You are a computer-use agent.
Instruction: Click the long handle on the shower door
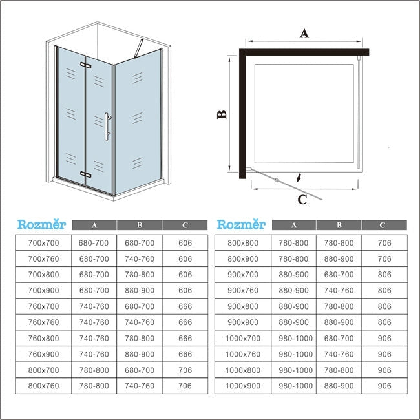pos(107,127)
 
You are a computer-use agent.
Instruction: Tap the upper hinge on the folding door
pos(85,65)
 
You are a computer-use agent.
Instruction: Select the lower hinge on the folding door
pos(85,174)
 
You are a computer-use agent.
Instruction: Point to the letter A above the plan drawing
pos(304,34)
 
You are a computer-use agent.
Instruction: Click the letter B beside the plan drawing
pos(222,114)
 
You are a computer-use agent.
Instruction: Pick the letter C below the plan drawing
pos(302,200)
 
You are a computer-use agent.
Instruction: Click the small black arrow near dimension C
pos(299,177)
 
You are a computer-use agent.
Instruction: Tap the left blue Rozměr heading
pos(41,224)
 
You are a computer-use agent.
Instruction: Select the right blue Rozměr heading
pos(241,224)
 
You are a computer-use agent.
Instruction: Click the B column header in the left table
pos(140,225)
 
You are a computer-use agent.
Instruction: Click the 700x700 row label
pos(43,243)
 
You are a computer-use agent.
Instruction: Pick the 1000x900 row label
pos(243,386)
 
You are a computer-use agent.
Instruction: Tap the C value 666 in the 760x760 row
pos(185,322)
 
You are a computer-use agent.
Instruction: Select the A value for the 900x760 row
pos(293,290)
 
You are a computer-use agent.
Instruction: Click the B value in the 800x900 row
pos(339,258)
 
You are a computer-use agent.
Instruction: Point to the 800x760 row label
pos(43,386)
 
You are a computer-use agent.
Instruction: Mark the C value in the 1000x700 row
pos(384,339)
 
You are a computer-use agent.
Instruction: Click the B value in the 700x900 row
pos(140,290)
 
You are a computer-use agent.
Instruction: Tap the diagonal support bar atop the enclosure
pos(139,48)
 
